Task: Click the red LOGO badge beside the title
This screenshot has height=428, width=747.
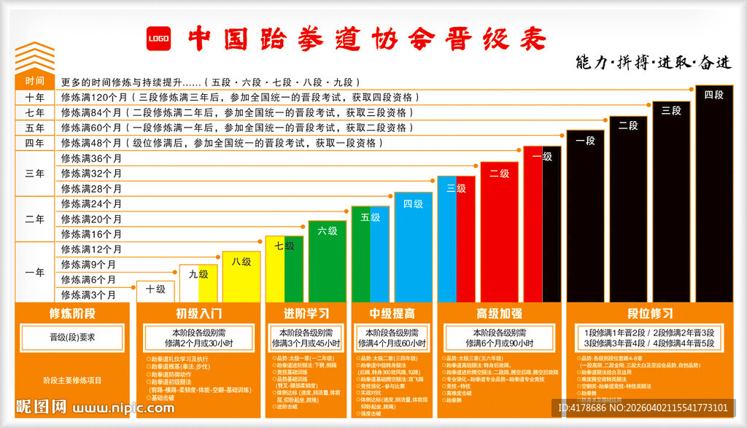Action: click(x=158, y=39)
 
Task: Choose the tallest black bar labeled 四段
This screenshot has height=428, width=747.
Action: click(x=714, y=193)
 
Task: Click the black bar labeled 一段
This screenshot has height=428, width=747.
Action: click(x=585, y=216)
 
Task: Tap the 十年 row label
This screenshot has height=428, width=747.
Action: click(x=35, y=97)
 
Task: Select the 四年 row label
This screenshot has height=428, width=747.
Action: click(x=35, y=143)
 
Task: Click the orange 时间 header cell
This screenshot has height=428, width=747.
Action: click(x=35, y=81)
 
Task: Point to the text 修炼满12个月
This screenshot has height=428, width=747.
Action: click(x=92, y=249)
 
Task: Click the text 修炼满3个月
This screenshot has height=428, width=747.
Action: click(x=89, y=295)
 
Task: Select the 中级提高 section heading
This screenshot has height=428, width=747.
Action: click(x=392, y=314)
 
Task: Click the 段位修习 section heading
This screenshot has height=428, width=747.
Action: click(x=649, y=314)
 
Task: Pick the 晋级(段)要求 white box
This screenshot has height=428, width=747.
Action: click(x=72, y=338)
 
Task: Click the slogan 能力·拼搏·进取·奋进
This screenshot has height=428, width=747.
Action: click(x=653, y=62)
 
